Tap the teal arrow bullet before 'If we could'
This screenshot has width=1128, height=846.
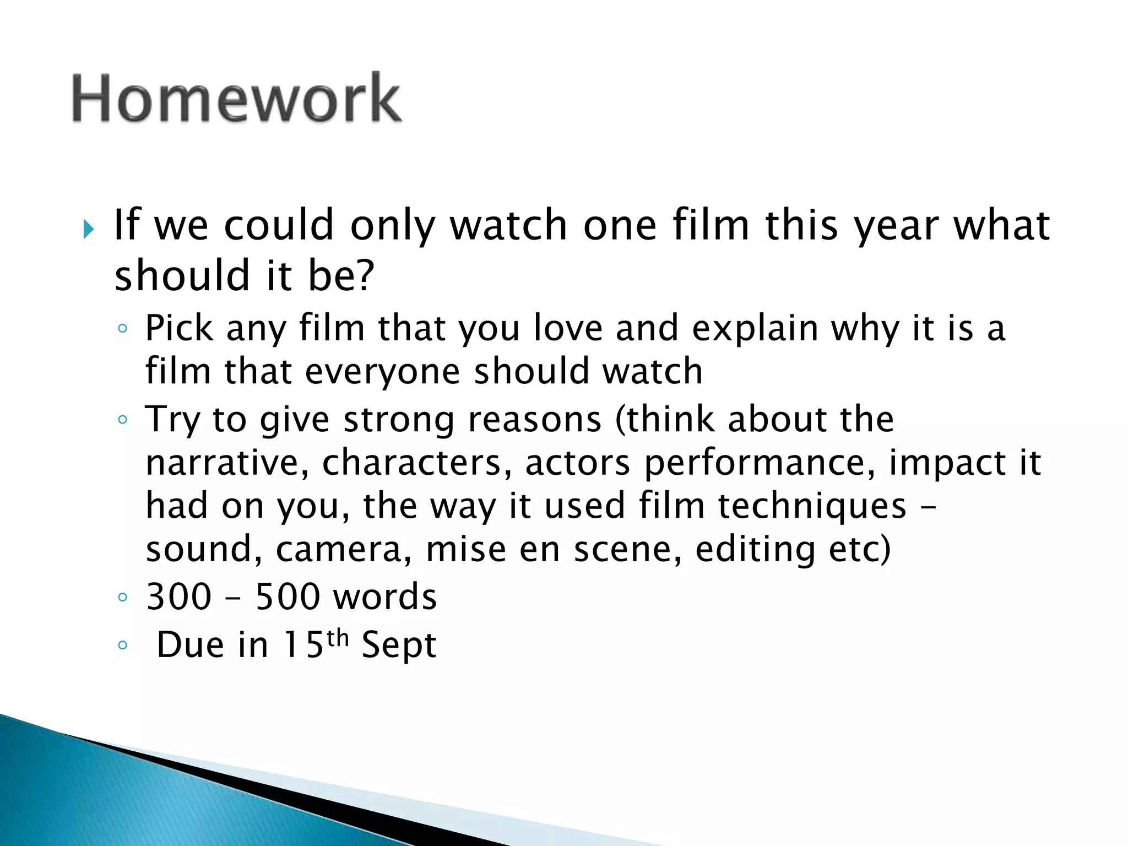(88, 229)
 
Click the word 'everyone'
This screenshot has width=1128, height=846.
(382, 372)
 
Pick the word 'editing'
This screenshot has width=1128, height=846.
(755, 550)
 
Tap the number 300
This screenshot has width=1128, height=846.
(179, 597)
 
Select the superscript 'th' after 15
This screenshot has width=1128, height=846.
(338, 638)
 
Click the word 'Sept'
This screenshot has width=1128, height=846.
(399, 645)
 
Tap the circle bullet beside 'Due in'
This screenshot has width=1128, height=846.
(122, 645)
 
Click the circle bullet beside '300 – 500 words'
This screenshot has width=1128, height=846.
(122, 597)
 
